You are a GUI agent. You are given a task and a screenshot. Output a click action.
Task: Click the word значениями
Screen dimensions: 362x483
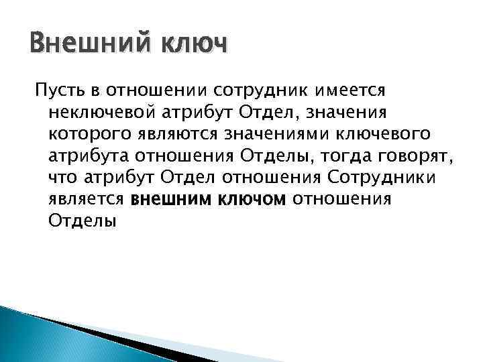coord(271,134)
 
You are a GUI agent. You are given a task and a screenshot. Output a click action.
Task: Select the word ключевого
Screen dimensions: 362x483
coord(376,134)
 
